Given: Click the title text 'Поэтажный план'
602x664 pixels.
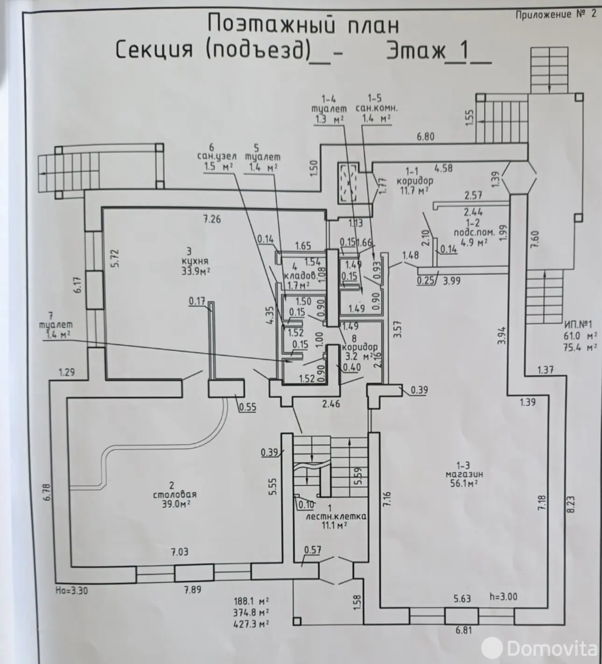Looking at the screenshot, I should pos(303,25).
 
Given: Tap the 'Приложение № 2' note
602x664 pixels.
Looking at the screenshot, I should pos(556,14).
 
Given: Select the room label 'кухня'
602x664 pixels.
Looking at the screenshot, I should pos(196,261).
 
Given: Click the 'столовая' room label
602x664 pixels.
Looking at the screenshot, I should pos(175,495).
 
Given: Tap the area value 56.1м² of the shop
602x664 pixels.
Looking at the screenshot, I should pos(463,484).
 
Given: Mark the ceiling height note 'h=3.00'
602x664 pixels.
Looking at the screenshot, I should pos(503,596).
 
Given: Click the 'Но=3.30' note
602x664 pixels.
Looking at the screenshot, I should pos(71,590).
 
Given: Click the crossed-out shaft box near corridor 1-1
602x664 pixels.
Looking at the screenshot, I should pos(348,183).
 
